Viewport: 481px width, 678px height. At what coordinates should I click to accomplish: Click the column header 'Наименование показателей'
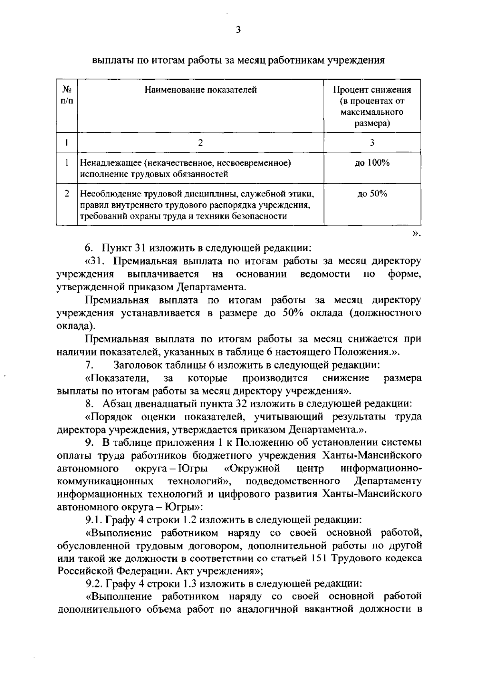click(x=200, y=90)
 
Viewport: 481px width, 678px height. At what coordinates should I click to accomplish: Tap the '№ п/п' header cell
click(x=67, y=95)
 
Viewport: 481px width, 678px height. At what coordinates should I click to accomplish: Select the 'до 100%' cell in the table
click(x=372, y=163)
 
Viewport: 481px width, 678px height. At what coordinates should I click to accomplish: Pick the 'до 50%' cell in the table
click(x=372, y=194)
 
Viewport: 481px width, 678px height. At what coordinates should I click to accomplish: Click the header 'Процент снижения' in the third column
click(x=372, y=90)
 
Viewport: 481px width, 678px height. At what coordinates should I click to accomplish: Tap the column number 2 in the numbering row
click(x=200, y=143)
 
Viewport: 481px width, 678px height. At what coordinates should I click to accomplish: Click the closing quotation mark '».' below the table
click(x=416, y=233)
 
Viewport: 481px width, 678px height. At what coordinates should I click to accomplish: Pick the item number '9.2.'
click(x=94, y=584)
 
